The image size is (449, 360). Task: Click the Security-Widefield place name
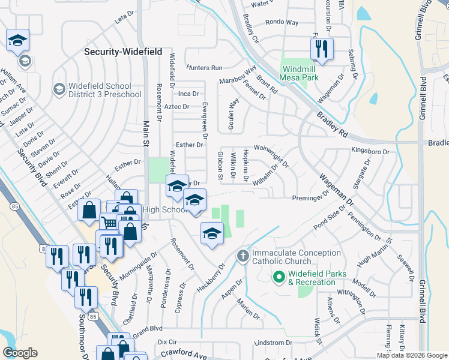(123, 52)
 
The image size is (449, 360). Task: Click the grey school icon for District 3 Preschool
(59, 89)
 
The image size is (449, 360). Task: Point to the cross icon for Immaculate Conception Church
(243, 256)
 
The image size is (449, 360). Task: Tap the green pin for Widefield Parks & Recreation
(279, 278)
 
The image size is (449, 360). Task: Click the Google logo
(20, 353)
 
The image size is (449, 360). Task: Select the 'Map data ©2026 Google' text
(412, 355)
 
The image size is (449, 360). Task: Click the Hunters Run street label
(204, 68)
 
